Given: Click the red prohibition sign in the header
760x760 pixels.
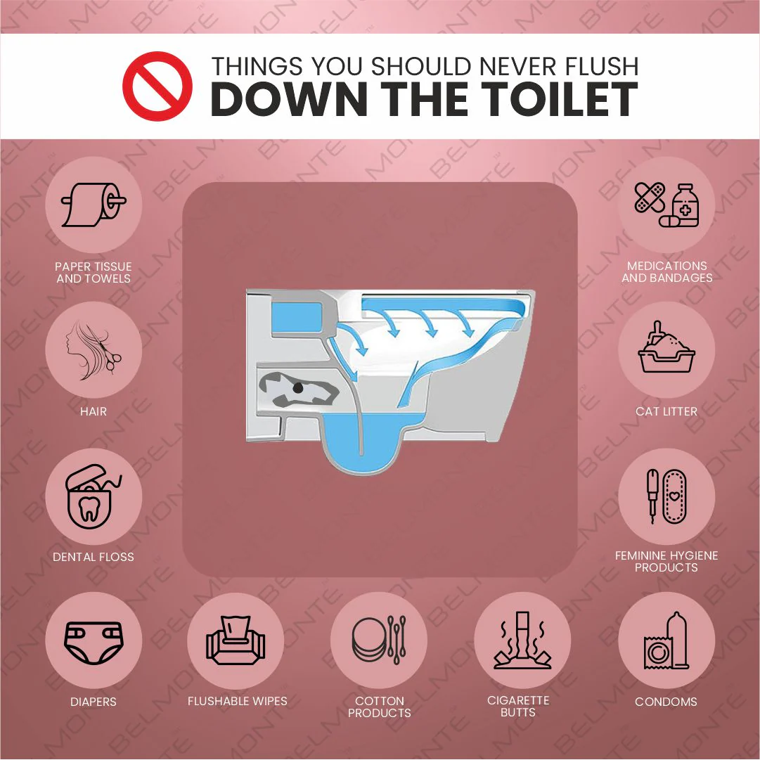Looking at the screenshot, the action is (157, 86).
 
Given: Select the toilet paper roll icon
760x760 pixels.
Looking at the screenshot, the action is (94, 205).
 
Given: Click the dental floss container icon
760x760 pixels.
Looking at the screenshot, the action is (93, 496).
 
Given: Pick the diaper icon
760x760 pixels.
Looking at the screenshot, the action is (94, 643).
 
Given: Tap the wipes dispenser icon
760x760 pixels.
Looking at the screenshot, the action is (236, 640).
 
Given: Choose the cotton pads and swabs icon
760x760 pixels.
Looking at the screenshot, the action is (379, 640).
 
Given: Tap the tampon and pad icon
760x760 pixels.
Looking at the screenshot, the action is (666, 496).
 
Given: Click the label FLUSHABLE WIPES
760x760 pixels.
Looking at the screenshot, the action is (238, 701).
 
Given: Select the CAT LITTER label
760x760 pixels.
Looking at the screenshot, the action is (666, 411).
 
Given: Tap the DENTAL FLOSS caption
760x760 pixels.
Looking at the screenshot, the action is (94, 557).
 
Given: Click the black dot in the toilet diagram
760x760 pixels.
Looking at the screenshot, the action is (298, 388).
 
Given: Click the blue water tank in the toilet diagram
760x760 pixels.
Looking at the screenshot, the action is (297, 318).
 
